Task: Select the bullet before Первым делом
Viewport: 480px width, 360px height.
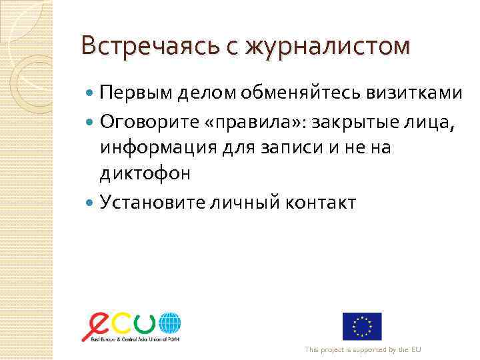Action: [x=91, y=93]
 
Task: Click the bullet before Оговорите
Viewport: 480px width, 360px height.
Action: [x=91, y=121]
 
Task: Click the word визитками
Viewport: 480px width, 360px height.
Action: [x=413, y=93]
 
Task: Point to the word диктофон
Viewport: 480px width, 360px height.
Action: [x=145, y=174]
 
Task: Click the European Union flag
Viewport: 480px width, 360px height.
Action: [x=362, y=326]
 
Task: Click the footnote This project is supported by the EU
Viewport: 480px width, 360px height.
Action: [x=363, y=350]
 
